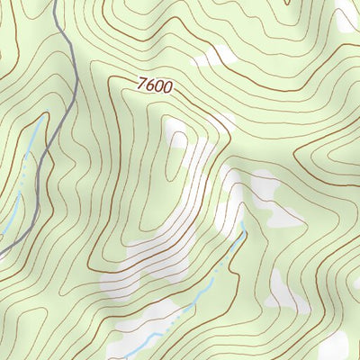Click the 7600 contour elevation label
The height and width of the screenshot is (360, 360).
[x=155, y=85]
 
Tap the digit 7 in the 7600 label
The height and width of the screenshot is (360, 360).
[x=143, y=83]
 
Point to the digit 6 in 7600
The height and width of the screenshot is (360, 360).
[x=150, y=85]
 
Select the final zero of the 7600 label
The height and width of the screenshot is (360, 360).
[x=166, y=88]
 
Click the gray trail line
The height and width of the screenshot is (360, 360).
[x=71, y=99]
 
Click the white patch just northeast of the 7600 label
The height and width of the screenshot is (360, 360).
[x=209, y=58]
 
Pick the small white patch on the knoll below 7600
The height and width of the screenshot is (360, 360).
[x=178, y=139]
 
